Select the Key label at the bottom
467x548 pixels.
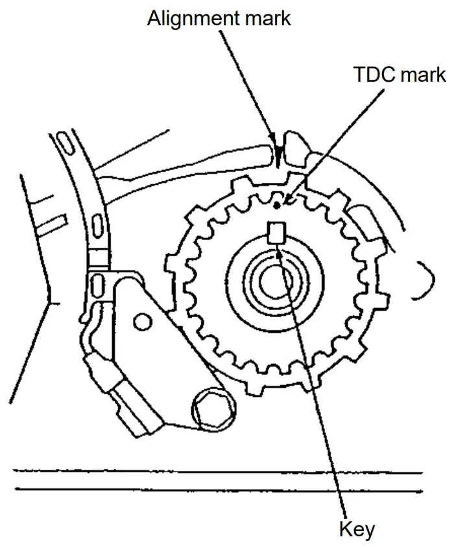(357, 530)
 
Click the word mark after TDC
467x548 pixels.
(422, 75)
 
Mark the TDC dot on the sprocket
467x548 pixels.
(278, 206)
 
